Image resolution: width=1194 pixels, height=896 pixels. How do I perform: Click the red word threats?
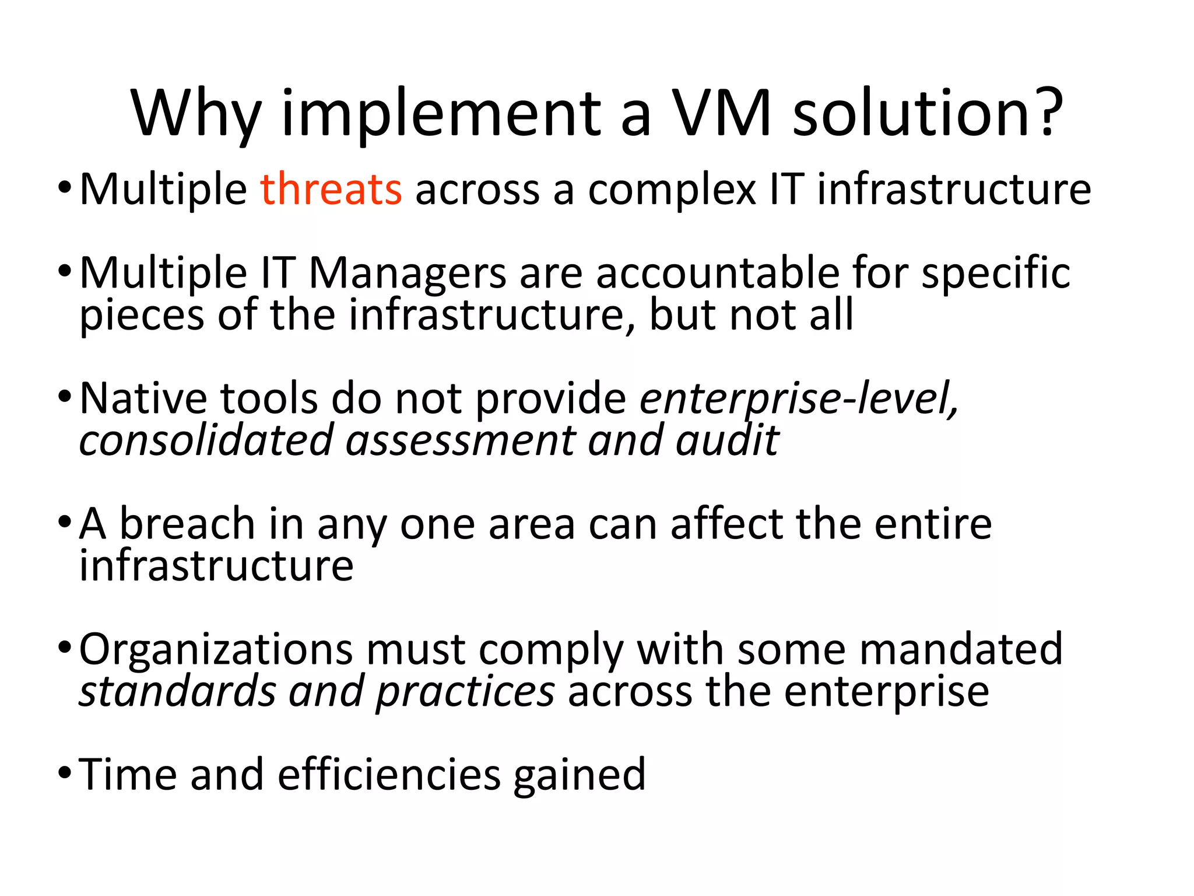click(x=331, y=189)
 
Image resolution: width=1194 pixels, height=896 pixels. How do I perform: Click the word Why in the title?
click(x=196, y=114)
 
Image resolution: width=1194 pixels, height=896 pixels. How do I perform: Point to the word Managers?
click(x=407, y=273)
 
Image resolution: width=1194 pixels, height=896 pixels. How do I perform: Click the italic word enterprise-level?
click(x=798, y=398)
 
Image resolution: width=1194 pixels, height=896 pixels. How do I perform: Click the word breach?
click(x=187, y=523)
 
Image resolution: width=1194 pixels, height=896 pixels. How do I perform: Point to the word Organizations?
click(x=215, y=649)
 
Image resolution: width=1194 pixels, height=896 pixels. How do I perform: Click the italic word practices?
click(x=465, y=692)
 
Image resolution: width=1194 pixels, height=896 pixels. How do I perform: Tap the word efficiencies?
click(x=389, y=775)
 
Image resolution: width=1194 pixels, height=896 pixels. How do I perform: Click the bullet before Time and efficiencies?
click(x=65, y=774)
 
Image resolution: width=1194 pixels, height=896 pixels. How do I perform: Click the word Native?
click(x=143, y=398)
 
